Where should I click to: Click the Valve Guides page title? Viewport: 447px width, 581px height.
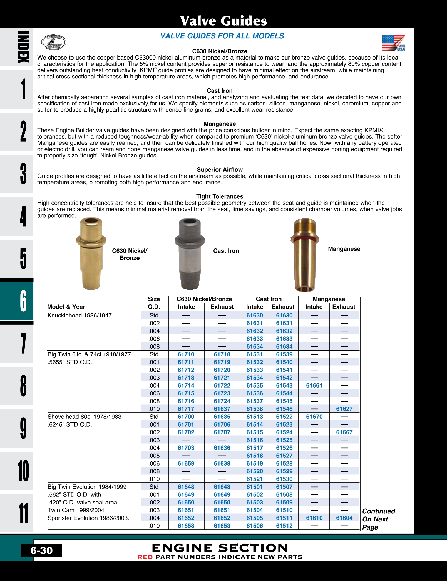[x=223, y=21]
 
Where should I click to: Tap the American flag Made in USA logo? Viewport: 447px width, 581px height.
[x=393, y=43]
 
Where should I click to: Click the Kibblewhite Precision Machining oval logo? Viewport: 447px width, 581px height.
[x=54, y=42]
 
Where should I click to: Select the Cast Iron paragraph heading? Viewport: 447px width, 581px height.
[x=220, y=91]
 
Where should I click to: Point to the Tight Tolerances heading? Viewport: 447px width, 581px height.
[x=220, y=196]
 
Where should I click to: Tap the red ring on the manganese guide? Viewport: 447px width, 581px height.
[x=305, y=239]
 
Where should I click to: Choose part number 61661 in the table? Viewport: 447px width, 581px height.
[x=314, y=385]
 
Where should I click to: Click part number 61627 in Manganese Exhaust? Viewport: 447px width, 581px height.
[x=344, y=409]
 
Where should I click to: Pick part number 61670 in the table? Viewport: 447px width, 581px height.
[x=314, y=417]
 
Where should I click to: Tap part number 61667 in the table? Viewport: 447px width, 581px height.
[x=344, y=432]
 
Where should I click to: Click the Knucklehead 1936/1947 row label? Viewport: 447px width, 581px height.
[x=80, y=315]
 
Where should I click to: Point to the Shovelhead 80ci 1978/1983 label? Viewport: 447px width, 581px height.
[x=84, y=417]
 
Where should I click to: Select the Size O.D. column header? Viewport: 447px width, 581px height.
[x=154, y=303]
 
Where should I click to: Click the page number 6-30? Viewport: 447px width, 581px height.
[x=41, y=550]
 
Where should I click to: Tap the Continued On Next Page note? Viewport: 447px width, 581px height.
[x=378, y=519]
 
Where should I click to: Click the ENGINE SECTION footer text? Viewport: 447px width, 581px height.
[x=220, y=548]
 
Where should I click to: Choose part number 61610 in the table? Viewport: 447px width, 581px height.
[x=314, y=518]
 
